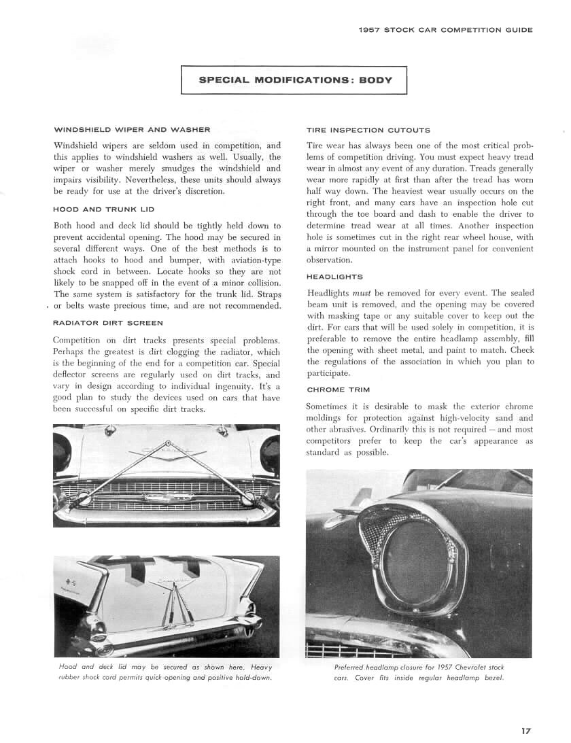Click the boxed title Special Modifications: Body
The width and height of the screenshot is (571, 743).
294,80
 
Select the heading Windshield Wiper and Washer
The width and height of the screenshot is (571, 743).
132,129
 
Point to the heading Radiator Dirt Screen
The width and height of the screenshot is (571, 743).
107,323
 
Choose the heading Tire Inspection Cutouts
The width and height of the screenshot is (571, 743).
368,129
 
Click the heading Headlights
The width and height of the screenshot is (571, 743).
334,277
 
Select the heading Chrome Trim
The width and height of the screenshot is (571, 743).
338,390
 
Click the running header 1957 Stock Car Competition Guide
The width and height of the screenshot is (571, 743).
445,30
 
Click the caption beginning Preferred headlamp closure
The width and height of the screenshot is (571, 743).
419,672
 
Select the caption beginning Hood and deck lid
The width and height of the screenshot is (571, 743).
165,672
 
